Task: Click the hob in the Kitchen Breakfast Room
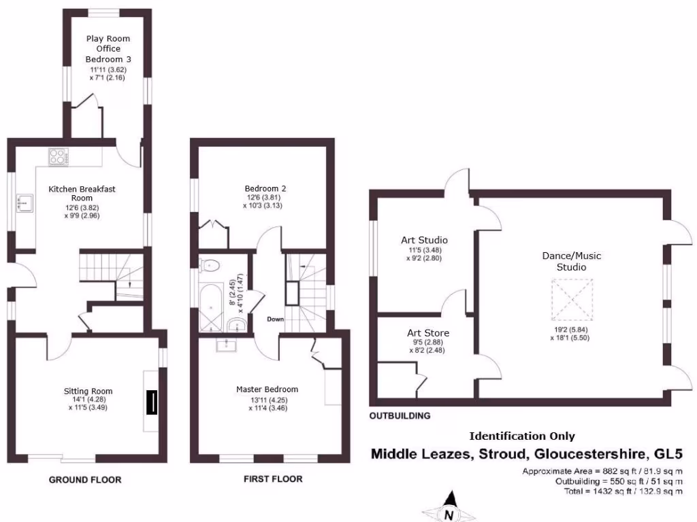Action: pos(59,156)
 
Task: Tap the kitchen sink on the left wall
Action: pos(25,201)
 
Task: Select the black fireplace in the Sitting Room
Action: pos(154,403)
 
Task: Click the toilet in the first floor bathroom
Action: pos(209,266)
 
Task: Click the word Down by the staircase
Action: pos(275,319)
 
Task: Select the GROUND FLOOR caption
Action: pos(85,480)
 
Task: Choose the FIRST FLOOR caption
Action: pos(273,479)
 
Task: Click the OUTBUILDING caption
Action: pos(400,415)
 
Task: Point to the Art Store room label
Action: pos(428,333)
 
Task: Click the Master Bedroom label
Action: pos(267,389)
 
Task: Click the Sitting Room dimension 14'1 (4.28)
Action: pos(88,400)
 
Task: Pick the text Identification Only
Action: pos(522,436)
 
